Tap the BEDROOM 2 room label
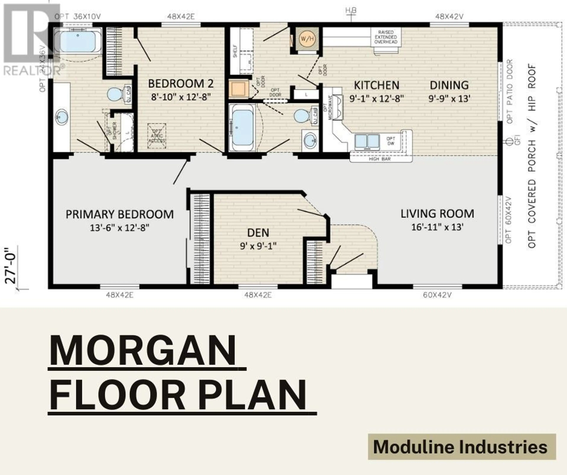tap(181, 83)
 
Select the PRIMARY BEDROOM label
tap(120, 214)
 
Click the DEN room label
tap(258, 233)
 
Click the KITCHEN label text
tap(376, 85)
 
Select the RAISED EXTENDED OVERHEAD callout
tap(386, 37)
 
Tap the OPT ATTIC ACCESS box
tap(157, 136)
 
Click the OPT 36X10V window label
tap(78, 17)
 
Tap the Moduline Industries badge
tap(462, 447)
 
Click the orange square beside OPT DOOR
tap(238, 88)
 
